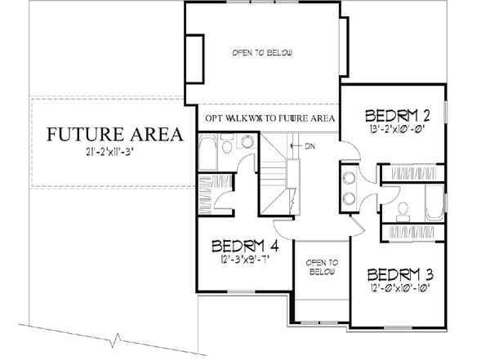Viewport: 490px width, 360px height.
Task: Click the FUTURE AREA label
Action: tap(114, 134)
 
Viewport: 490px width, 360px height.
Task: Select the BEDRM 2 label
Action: tap(398, 114)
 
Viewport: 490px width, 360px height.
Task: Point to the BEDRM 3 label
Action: tap(399, 273)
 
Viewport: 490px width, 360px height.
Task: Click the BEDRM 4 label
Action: tap(241, 246)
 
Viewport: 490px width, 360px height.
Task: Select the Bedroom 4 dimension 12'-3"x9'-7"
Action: tap(241, 260)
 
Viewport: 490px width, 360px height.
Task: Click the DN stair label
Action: tap(310, 148)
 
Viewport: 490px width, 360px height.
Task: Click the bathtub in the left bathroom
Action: tap(207, 153)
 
